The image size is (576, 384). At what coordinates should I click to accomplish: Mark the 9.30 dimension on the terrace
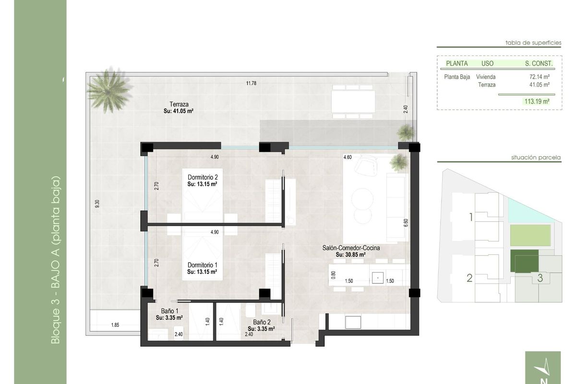97,204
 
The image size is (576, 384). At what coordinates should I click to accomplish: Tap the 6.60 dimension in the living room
405,223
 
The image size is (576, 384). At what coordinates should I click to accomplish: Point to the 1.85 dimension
115,325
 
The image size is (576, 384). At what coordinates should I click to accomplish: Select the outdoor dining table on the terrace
353,101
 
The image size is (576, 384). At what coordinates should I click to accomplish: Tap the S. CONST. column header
539,63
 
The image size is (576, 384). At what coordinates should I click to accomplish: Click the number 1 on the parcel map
471,217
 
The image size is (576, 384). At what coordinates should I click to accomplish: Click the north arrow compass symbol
543,368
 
